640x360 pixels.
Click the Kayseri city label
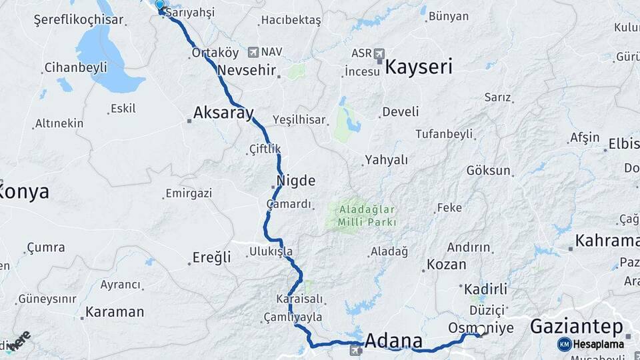(x=419, y=67)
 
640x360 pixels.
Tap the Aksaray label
(x=223, y=113)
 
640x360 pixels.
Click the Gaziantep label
(x=577, y=327)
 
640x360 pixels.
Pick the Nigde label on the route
(x=296, y=181)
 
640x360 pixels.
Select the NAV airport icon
(x=253, y=51)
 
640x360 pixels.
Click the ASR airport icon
(x=379, y=53)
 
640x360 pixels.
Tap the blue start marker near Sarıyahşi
(x=159, y=7)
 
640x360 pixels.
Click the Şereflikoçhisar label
(x=79, y=20)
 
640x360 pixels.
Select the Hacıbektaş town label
(x=291, y=21)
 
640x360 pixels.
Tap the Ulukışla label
(x=271, y=251)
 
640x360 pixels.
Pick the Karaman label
(x=115, y=311)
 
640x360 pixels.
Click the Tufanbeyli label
(x=443, y=134)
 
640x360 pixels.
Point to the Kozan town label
(x=447, y=264)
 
